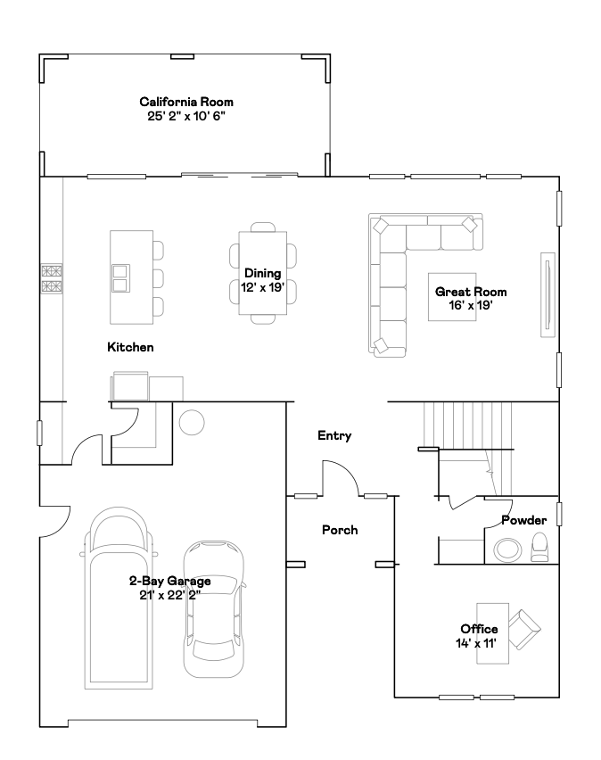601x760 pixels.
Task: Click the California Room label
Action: pos(186,102)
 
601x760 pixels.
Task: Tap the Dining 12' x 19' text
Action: pos(262,280)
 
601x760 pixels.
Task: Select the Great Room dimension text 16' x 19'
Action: pos(470,305)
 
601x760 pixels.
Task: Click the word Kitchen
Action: pos(130,347)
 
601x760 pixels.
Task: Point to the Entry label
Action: pos(334,435)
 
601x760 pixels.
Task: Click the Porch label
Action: pos(340,530)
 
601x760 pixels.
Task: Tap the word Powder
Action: pos(524,520)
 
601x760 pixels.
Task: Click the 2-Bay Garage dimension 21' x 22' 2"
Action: pos(170,595)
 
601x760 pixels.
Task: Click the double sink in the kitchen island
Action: pos(120,278)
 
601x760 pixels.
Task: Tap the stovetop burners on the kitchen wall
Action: pos(52,278)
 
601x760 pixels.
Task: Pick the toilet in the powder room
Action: pos(539,547)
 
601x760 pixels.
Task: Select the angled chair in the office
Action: pos(524,629)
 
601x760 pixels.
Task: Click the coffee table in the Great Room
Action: pos(452,297)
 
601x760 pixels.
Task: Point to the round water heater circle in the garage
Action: pos(192,422)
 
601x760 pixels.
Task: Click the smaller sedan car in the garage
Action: pos(214,609)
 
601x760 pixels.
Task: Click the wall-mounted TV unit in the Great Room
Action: pos(547,294)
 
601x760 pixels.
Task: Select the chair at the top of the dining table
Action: pos(263,227)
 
